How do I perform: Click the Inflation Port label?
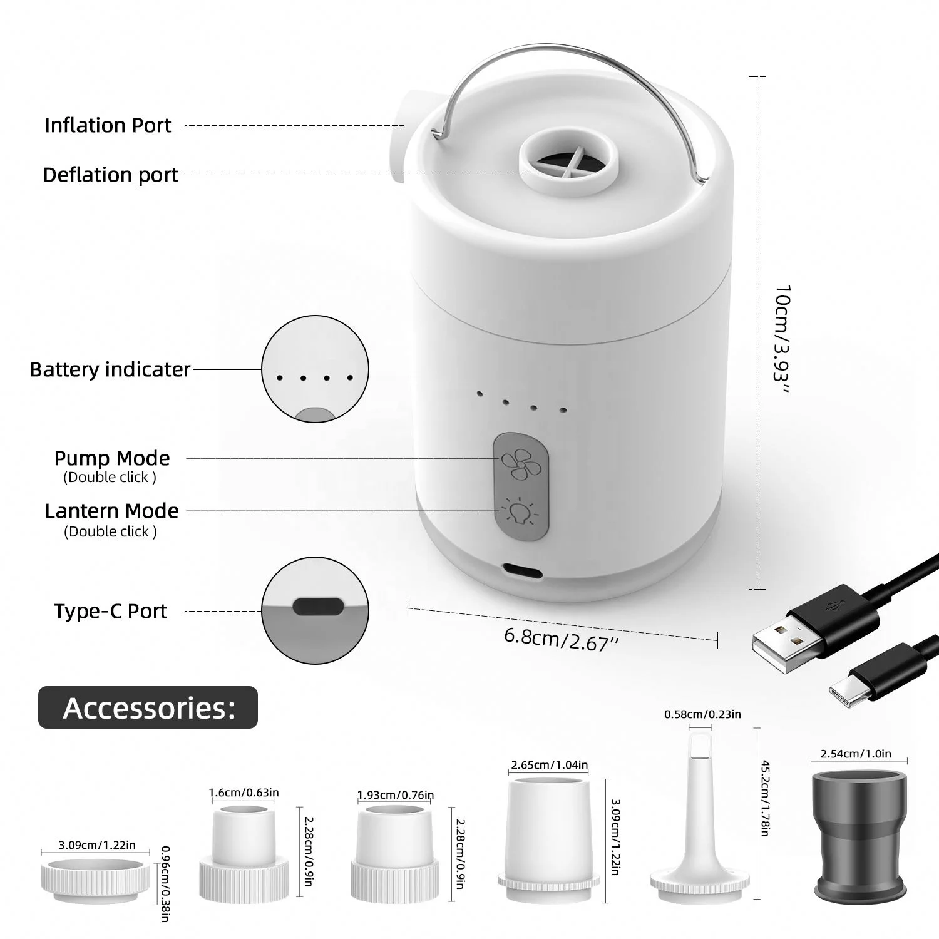[108, 125]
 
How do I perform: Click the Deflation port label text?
[111, 175]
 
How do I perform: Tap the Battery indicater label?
[110, 369]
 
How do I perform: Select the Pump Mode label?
[112, 458]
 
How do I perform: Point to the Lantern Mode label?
[112, 511]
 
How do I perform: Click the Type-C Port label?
[110, 611]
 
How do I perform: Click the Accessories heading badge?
[148, 707]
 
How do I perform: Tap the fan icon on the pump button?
[516, 464]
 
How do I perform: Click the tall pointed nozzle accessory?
[699, 814]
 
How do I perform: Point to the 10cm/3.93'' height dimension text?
[782, 340]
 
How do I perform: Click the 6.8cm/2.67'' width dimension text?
[557, 639]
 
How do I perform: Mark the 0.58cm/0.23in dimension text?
[702, 714]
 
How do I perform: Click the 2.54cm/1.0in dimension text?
[855, 754]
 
